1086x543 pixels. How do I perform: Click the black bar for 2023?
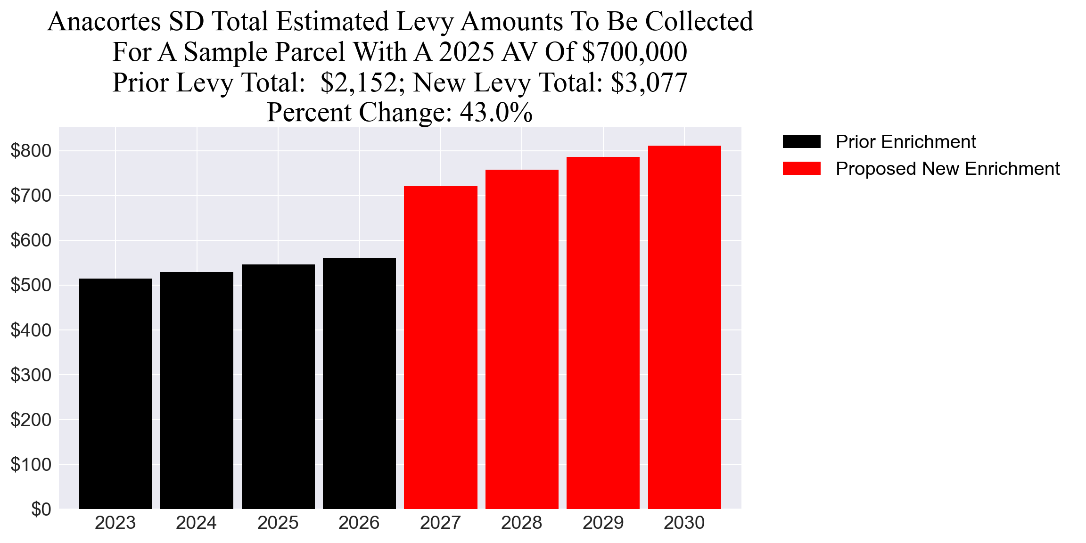(x=115, y=394)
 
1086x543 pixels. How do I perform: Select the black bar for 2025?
(x=278, y=387)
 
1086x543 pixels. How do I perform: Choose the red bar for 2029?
(x=603, y=333)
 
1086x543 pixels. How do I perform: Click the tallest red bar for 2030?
(x=684, y=327)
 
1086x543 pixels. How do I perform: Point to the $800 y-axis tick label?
(x=31, y=151)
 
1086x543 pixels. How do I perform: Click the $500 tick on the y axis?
(x=31, y=285)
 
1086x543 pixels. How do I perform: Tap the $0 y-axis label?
(x=41, y=509)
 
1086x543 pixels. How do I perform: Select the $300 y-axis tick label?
(x=31, y=375)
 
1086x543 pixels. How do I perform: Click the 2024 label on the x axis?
(x=196, y=523)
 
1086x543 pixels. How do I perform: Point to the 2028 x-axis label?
(x=521, y=523)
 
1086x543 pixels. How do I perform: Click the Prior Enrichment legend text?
(x=905, y=141)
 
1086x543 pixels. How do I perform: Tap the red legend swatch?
(x=801, y=168)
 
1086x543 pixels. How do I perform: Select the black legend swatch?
(x=801, y=141)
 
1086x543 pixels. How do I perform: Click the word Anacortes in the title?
(x=104, y=22)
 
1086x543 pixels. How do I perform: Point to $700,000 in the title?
(x=634, y=52)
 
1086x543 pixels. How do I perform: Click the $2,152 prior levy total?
(x=359, y=82)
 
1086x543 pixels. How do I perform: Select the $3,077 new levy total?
(x=649, y=82)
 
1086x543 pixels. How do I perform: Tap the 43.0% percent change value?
(x=496, y=113)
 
